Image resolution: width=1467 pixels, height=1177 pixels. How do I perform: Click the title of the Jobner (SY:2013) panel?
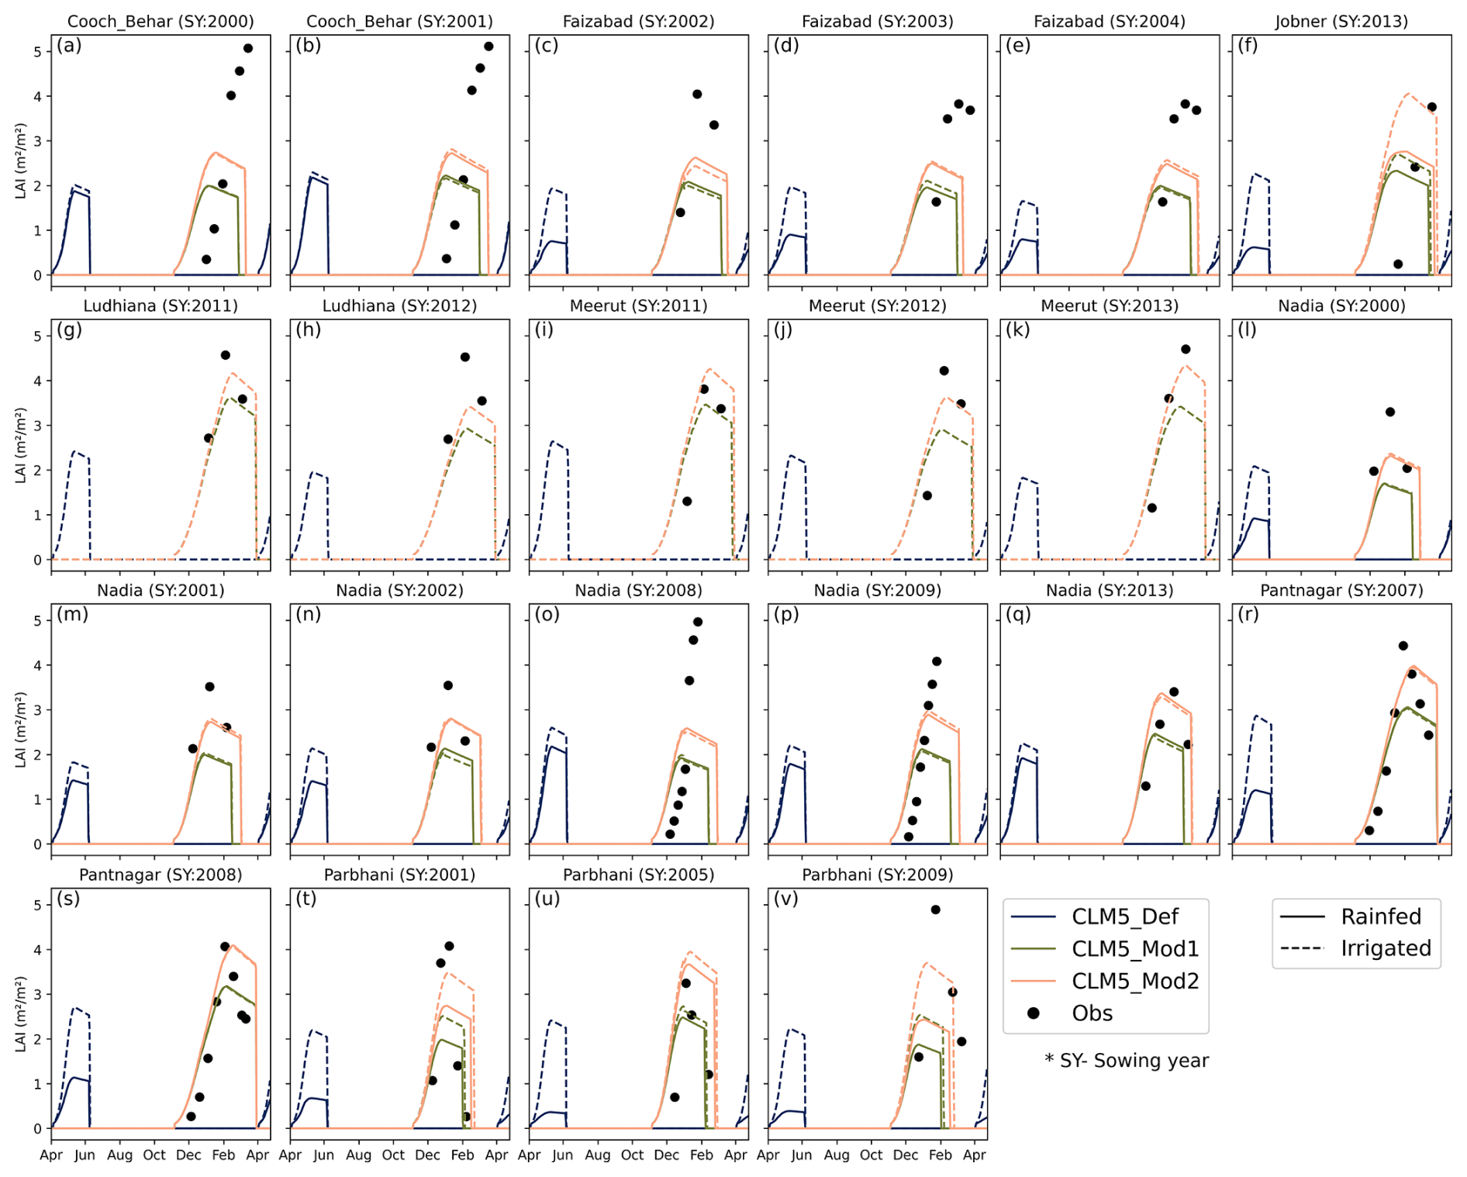click(x=1341, y=22)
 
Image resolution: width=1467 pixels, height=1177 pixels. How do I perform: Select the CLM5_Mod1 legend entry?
click(x=1134, y=949)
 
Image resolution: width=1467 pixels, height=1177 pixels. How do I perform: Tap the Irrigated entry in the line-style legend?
click(x=1386, y=948)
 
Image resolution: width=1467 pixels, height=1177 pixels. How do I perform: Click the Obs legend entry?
click(x=1092, y=1013)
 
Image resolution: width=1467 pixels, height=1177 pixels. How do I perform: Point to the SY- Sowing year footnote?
click(x=1126, y=1061)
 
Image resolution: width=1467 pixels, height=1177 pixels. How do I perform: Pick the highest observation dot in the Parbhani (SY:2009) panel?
click(x=936, y=909)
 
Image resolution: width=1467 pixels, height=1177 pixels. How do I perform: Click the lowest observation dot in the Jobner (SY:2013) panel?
click(x=1398, y=264)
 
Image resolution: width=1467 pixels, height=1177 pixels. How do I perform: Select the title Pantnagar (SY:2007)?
click(x=1341, y=591)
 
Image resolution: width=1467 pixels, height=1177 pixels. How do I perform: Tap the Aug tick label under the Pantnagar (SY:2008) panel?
click(x=119, y=1155)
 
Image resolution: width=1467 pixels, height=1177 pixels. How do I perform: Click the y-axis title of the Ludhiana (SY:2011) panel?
click(x=21, y=445)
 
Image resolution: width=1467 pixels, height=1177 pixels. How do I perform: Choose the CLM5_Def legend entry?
click(x=1124, y=916)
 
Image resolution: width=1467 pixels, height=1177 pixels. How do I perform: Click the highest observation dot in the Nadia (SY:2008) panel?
click(x=698, y=622)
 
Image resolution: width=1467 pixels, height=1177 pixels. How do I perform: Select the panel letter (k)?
click(x=1018, y=330)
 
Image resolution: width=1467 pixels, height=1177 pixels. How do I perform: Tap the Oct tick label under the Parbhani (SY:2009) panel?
click(x=871, y=1155)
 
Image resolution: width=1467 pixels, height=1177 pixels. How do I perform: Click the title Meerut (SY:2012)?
click(x=877, y=306)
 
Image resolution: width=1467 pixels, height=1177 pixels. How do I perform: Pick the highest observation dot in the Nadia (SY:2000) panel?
click(x=1390, y=412)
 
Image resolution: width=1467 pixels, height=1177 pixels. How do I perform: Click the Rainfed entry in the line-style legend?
click(x=1381, y=916)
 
